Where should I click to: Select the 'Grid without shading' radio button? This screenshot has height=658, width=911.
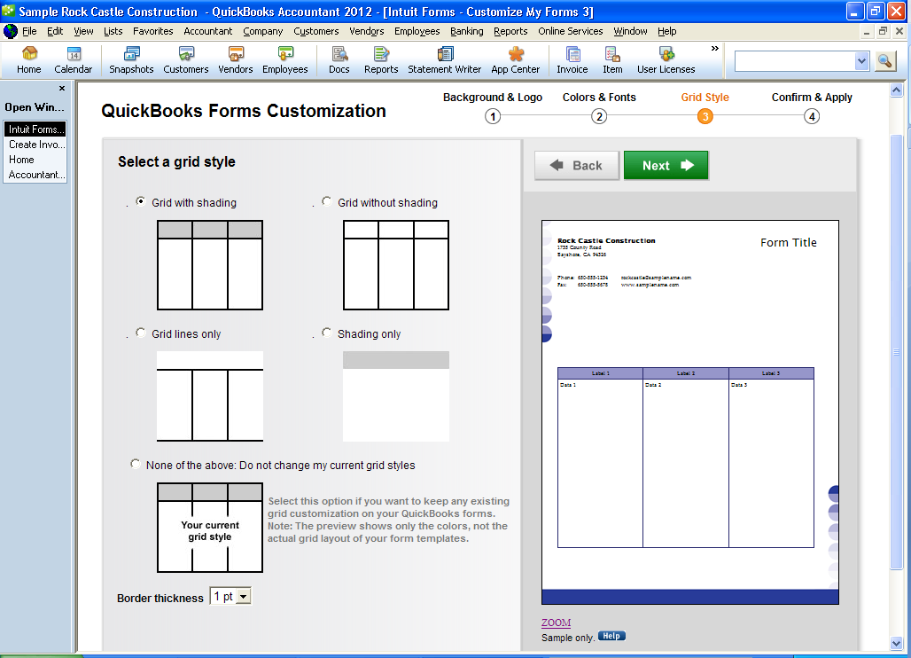click(x=327, y=202)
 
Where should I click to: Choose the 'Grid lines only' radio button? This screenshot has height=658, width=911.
click(x=141, y=333)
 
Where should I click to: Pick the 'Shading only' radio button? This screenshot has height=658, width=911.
click(x=327, y=333)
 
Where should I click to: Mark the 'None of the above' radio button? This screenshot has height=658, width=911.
click(x=136, y=464)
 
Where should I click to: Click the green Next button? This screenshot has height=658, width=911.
click(x=666, y=165)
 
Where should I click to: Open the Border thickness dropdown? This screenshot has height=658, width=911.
click(x=244, y=597)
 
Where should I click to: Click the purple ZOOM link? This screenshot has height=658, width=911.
click(x=556, y=623)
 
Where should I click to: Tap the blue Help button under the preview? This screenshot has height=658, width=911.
click(x=611, y=636)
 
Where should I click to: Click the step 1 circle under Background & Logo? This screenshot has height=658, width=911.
click(x=493, y=116)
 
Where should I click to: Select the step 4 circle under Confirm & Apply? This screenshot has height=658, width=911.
click(x=812, y=116)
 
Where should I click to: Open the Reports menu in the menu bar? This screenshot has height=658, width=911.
click(x=510, y=31)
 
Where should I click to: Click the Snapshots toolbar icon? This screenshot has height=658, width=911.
click(x=131, y=60)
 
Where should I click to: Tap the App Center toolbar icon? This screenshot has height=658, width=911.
click(x=516, y=60)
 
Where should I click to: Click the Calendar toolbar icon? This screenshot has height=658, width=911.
click(x=74, y=60)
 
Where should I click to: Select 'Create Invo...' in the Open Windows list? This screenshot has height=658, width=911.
click(x=35, y=145)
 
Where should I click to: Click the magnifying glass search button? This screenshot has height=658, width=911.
click(x=885, y=61)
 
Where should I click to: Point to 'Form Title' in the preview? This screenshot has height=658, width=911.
click(x=789, y=243)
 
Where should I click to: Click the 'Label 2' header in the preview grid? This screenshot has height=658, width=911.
click(x=686, y=373)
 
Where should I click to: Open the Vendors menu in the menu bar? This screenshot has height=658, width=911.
click(x=367, y=31)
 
